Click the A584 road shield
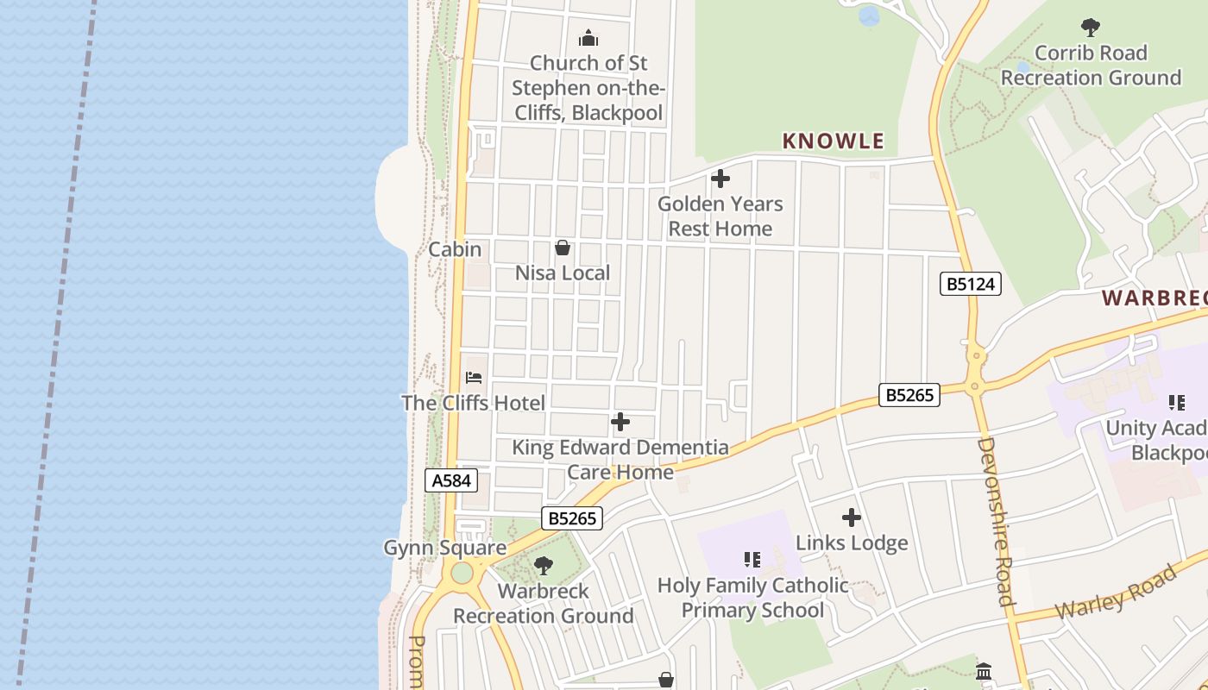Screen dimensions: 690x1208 pos(450,480)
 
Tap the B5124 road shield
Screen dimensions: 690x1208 pos(970,284)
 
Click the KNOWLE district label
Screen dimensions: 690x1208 pos(833,141)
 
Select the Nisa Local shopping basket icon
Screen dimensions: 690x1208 pos(563,248)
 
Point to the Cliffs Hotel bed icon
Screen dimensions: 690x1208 pos(474,378)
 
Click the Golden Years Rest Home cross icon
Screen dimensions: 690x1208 pos(720,179)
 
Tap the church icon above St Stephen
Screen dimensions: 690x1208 pos(588,38)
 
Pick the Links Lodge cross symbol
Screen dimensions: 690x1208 pos(852,517)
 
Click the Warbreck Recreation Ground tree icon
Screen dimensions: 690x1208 pos(544,566)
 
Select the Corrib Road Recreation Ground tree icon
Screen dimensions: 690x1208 pos(1091,28)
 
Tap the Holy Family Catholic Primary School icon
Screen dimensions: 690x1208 pos(752,561)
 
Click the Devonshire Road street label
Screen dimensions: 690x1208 pos(996,521)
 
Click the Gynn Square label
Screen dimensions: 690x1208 pos(444,548)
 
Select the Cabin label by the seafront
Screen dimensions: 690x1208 pos(455,249)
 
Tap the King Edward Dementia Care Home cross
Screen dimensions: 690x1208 pos(620,422)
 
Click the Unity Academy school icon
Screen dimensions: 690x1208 pos(1176,403)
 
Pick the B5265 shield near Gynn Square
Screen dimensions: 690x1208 pos(571,518)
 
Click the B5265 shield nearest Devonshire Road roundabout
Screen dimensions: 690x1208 pos(909,395)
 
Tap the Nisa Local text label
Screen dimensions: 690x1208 pos(563,273)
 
